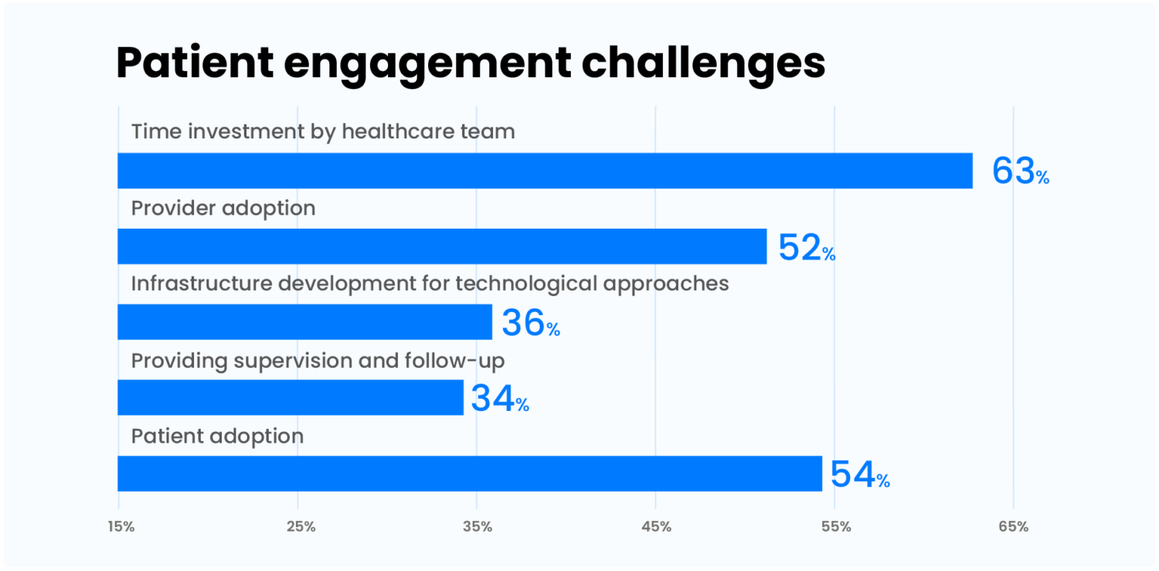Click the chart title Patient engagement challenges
pos(471,63)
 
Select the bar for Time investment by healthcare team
pos(545,171)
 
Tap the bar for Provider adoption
pos(442,246)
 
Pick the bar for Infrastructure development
pos(304,322)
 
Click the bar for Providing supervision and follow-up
pos(291,398)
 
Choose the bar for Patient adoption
pos(470,474)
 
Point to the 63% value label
pos(1020,172)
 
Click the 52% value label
pos(807,247)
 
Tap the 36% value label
pos(531,323)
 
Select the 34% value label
pos(500,399)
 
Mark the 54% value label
pos(860,474)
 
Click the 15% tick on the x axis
pos(121,527)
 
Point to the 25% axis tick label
pos(300,527)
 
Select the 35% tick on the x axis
pos(478,527)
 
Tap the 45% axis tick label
pos(656,527)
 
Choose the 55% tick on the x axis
pos(835,527)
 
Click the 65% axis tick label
pos(1014,527)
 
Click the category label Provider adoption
pos(223,208)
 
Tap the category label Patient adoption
pos(217,437)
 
